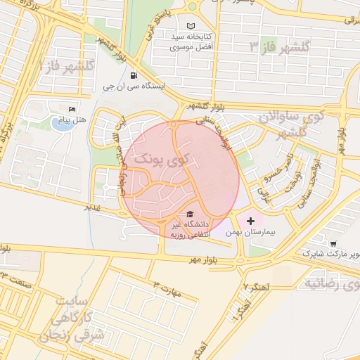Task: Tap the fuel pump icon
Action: [x=134, y=76]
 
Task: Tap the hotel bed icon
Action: [x=72, y=109]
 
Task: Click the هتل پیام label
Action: [x=74, y=120]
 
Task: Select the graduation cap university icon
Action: [x=188, y=214]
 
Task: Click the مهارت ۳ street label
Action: [x=169, y=287]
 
